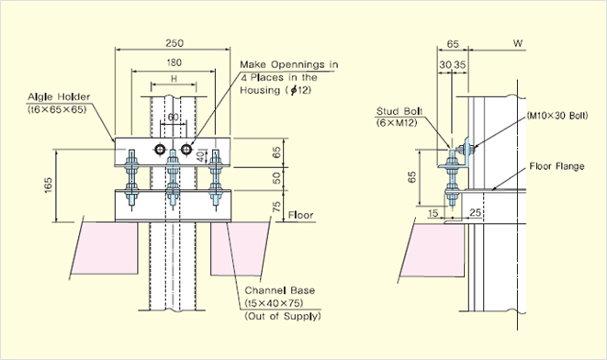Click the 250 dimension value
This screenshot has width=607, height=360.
pos(174,43)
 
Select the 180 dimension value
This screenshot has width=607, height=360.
pos(174,62)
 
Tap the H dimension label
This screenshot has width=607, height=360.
pos(174,79)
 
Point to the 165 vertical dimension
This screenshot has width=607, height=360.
pos(48,186)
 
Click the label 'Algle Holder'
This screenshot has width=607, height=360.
pos(59,96)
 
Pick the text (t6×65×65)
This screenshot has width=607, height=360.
pos(57,109)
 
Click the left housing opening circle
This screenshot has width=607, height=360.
pos(160,150)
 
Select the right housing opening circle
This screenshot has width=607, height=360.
pos(186,150)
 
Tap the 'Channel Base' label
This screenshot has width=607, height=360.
pos(279,290)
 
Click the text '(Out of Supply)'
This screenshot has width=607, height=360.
pos(283,316)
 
